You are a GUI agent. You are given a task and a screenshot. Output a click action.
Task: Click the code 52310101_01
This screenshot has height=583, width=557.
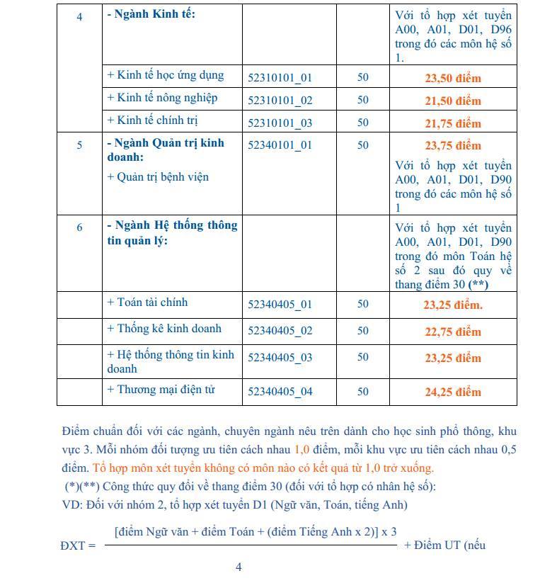280,77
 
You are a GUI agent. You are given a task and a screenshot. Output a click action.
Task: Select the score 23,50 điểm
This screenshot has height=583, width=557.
452,78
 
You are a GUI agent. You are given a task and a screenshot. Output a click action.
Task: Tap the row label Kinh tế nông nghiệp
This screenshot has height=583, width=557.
162,98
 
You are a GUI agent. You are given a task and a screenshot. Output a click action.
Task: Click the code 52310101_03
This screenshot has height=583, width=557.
280,123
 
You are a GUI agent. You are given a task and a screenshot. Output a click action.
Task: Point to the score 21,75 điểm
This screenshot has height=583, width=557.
452,123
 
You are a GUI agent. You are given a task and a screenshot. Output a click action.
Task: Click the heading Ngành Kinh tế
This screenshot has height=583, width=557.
151,15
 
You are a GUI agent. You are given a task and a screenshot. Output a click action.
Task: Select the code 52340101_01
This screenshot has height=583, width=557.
280,145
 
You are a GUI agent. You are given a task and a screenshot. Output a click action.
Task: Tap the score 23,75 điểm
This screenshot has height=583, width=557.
452,145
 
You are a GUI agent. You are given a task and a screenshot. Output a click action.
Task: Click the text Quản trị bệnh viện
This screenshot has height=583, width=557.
158,176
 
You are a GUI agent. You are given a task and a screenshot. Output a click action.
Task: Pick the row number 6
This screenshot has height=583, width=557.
79,227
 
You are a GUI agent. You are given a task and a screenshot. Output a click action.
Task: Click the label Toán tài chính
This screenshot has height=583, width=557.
147,302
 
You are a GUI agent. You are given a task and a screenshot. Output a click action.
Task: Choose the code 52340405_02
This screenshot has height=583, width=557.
280,331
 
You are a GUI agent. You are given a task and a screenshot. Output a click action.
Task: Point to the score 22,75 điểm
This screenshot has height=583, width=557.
452,332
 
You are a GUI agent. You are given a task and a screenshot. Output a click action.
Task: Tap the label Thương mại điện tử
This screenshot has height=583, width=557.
161,390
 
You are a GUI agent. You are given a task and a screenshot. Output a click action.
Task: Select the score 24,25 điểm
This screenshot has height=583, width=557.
452,392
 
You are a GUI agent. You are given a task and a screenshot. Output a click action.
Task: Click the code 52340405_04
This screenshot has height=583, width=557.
280,392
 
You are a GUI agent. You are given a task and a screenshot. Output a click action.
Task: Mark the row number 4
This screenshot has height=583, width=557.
79,16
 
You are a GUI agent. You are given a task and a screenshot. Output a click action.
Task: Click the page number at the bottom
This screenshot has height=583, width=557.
239,567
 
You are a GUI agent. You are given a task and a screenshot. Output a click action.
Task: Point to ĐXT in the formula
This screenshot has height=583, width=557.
73,545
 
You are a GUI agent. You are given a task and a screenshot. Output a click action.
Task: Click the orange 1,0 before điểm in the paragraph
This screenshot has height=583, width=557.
302,449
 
